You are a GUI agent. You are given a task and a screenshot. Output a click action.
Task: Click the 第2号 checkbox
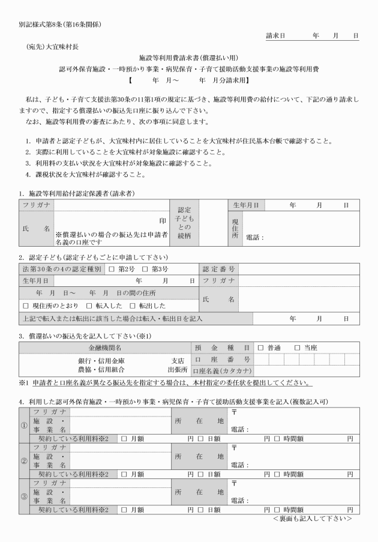point(112,268)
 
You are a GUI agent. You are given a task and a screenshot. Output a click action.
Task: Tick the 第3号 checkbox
point(145,268)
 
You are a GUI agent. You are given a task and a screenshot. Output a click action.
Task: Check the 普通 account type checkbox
point(261,348)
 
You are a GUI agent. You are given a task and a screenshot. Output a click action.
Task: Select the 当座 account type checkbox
point(296,348)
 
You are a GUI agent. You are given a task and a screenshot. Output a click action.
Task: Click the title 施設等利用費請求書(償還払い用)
point(188,58)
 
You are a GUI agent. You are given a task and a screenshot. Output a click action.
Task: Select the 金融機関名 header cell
point(105,348)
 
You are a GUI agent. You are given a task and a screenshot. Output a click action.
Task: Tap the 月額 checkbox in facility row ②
point(124,474)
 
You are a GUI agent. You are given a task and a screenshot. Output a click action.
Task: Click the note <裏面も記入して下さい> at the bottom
point(312,517)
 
